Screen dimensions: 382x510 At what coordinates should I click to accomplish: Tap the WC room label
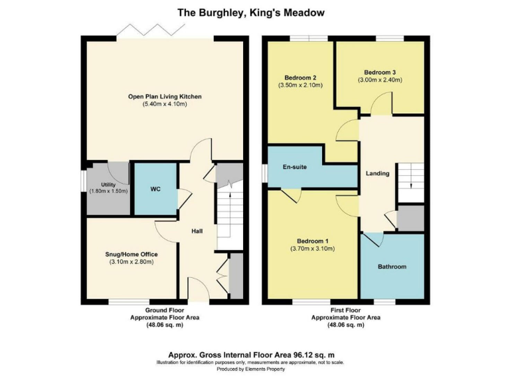tap(155, 189)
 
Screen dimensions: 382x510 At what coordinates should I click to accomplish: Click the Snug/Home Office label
tap(131, 254)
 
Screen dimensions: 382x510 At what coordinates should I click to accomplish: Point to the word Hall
tap(197, 231)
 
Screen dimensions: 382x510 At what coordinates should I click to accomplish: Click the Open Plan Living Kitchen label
tap(165, 97)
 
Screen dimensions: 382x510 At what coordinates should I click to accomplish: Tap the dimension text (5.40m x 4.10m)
tap(165, 105)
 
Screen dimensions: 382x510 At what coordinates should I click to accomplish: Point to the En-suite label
tap(295, 167)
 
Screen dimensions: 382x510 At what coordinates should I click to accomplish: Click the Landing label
tap(377, 174)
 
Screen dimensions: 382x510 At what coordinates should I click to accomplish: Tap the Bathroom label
tap(392, 267)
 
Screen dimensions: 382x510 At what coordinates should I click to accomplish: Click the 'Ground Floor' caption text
tap(165, 310)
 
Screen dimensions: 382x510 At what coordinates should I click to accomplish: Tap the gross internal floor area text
tap(254, 354)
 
